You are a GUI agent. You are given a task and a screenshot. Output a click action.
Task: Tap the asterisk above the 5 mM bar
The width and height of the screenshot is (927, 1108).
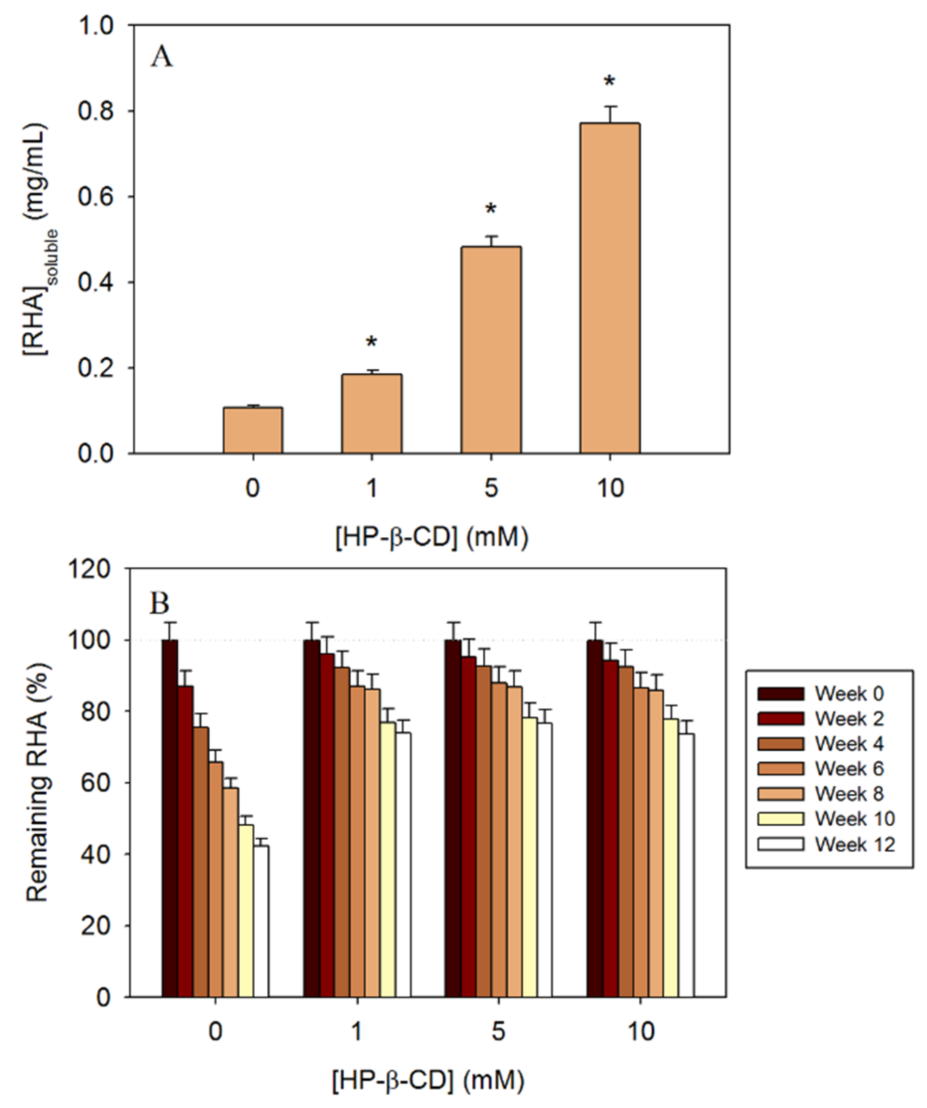coord(491,210)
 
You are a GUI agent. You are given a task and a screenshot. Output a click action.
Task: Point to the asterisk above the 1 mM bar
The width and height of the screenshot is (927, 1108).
coord(372,342)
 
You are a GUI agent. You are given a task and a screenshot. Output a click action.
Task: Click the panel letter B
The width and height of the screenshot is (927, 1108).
coord(160,604)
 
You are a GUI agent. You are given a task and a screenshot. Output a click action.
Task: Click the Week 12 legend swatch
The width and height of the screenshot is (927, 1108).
coord(781,844)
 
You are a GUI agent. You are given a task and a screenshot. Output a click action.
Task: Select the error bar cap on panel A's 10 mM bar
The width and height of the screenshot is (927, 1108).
coord(610,107)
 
